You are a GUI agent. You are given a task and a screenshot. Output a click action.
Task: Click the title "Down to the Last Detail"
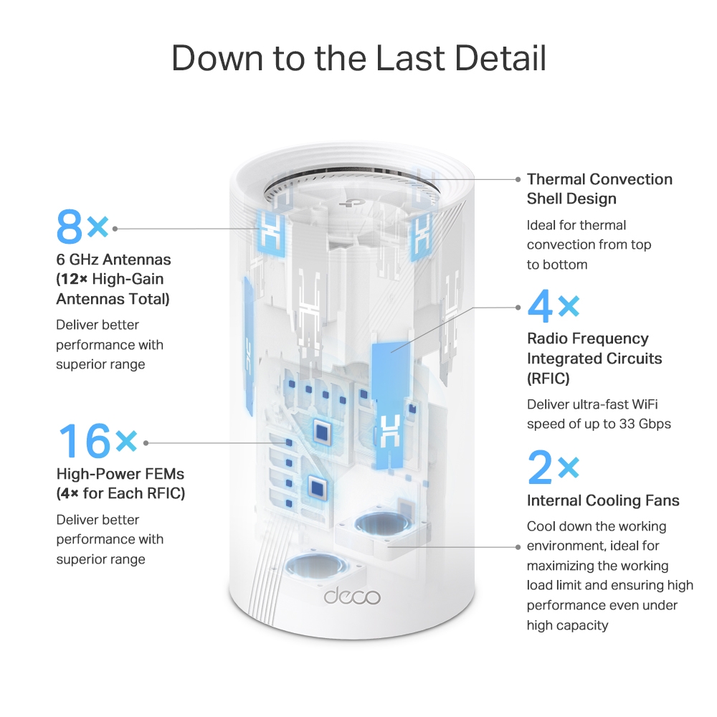tap(358, 57)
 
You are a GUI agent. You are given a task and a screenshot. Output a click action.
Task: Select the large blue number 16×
tap(97, 440)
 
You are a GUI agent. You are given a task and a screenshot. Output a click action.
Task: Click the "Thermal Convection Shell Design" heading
tap(599, 189)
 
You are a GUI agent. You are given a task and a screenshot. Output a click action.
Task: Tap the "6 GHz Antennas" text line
tap(113, 260)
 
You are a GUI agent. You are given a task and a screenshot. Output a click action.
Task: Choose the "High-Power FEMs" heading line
tap(120, 474)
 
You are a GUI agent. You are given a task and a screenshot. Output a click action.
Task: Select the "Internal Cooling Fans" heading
tap(603, 500)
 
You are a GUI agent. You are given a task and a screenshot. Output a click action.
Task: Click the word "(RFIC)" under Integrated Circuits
tap(548, 378)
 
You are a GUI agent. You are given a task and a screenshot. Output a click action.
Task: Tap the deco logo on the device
tap(351, 596)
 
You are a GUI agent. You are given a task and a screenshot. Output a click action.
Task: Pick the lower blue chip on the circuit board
tap(315, 488)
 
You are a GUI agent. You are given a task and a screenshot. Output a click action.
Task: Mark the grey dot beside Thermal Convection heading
tap(518, 179)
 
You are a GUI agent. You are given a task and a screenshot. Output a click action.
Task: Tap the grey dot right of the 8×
tap(115, 228)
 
